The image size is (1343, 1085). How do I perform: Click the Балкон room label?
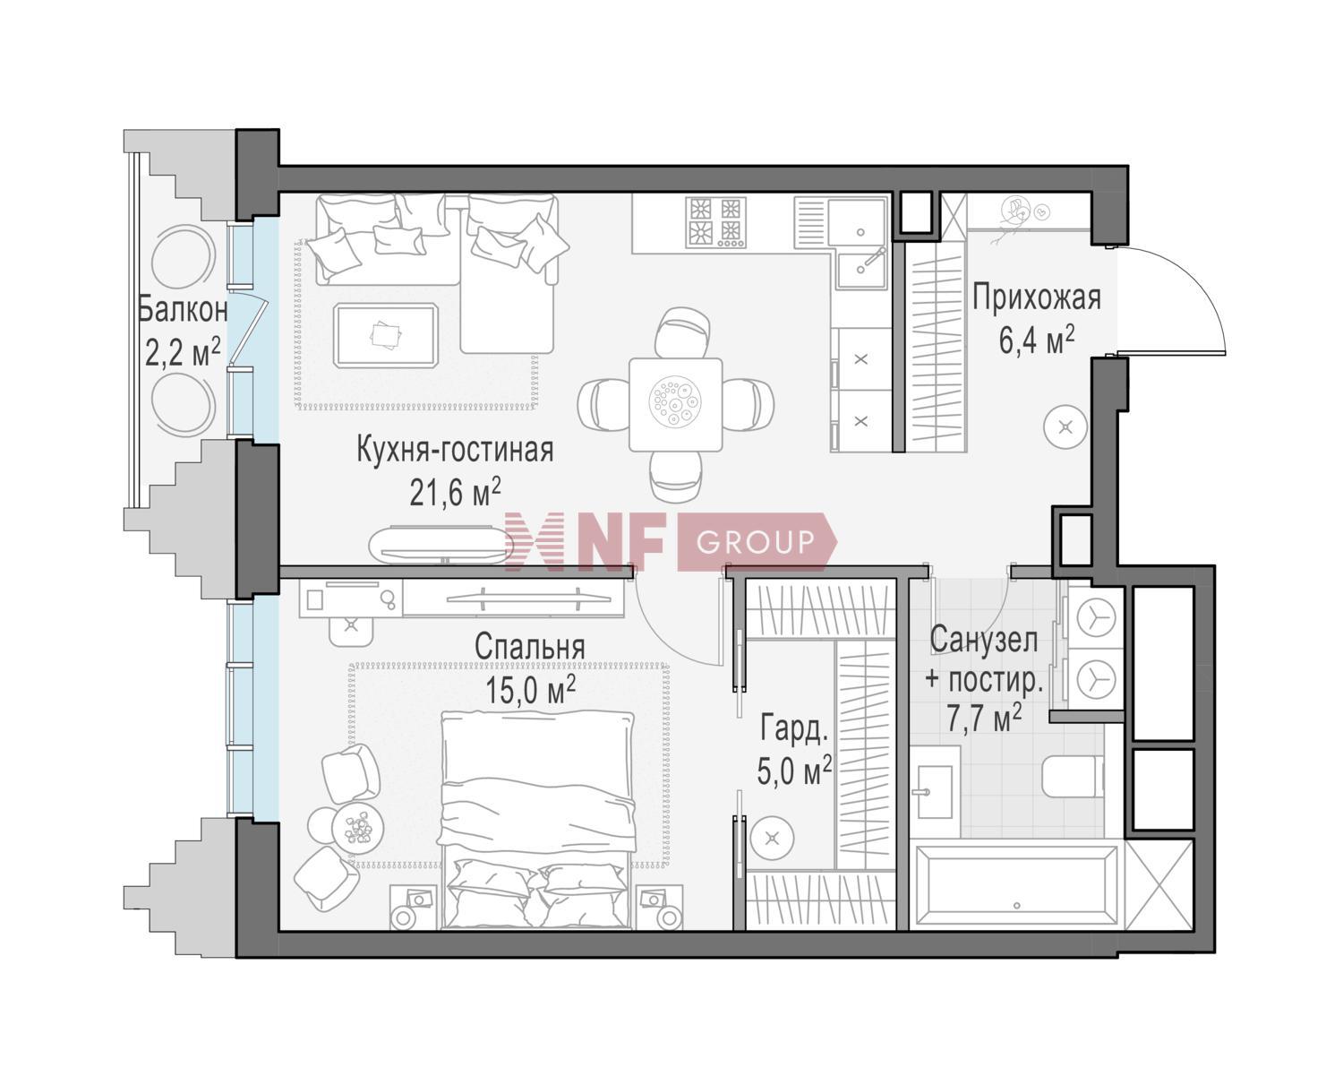(183, 311)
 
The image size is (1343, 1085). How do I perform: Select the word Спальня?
(529, 646)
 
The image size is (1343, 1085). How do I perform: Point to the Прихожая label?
(1036, 297)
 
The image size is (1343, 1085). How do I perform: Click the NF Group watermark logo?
(671, 542)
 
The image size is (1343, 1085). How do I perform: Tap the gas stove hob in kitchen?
(715, 221)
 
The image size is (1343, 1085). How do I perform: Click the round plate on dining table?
(676, 402)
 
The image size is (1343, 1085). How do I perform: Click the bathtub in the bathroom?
(1014, 885)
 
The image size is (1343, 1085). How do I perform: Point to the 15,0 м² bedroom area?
(529, 690)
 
